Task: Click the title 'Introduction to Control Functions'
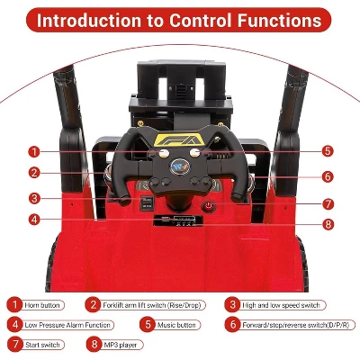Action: point(180,19)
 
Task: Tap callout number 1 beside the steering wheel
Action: point(33,151)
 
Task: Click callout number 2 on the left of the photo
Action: point(33,173)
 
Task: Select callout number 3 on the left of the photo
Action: point(33,198)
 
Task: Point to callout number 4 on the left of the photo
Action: point(33,219)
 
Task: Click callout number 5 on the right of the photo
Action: point(328,151)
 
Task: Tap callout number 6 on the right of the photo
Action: point(328,177)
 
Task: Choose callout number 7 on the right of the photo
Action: point(328,203)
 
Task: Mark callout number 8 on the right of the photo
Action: point(328,224)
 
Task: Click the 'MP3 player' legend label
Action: point(121,343)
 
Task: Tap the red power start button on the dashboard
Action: point(209,206)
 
